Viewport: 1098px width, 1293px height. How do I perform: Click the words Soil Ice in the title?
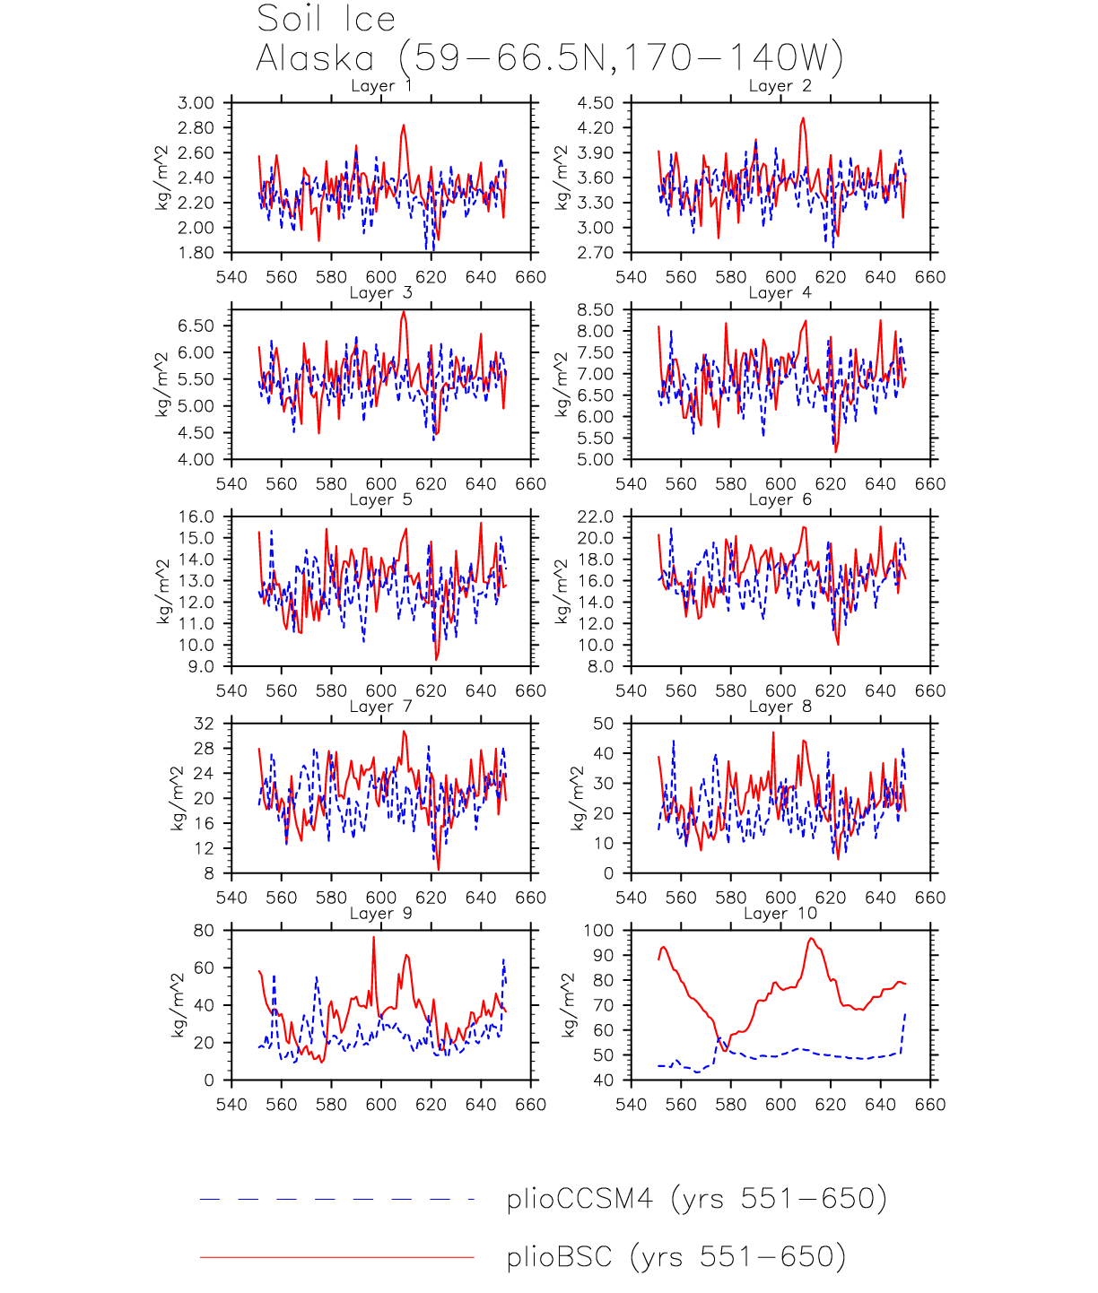[x=326, y=19]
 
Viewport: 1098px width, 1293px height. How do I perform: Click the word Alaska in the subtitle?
[x=315, y=58]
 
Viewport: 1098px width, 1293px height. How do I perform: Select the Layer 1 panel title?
[x=381, y=86]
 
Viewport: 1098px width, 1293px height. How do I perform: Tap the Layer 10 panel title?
[x=780, y=914]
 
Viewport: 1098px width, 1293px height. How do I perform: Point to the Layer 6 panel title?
[x=780, y=499]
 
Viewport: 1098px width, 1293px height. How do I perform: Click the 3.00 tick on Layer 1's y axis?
[x=196, y=103]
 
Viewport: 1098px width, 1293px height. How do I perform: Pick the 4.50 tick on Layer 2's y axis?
[x=596, y=103]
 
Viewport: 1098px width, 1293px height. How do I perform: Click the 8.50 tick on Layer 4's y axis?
[x=596, y=310]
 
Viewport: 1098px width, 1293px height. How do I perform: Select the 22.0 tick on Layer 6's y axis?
[x=596, y=517]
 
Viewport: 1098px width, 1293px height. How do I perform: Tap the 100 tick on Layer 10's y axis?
[x=598, y=931]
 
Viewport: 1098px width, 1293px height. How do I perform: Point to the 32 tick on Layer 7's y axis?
[x=205, y=724]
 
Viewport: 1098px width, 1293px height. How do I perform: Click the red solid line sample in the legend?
[x=336, y=1257]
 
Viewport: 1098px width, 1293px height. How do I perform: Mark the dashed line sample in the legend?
[x=336, y=1199]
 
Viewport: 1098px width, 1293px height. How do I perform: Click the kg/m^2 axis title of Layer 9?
[x=177, y=1005]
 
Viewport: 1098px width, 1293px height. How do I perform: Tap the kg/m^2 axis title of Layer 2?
[x=562, y=178]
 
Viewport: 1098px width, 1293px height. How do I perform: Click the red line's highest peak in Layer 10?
[x=811, y=939]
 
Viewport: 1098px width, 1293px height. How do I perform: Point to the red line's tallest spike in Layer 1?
[x=404, y=126]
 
